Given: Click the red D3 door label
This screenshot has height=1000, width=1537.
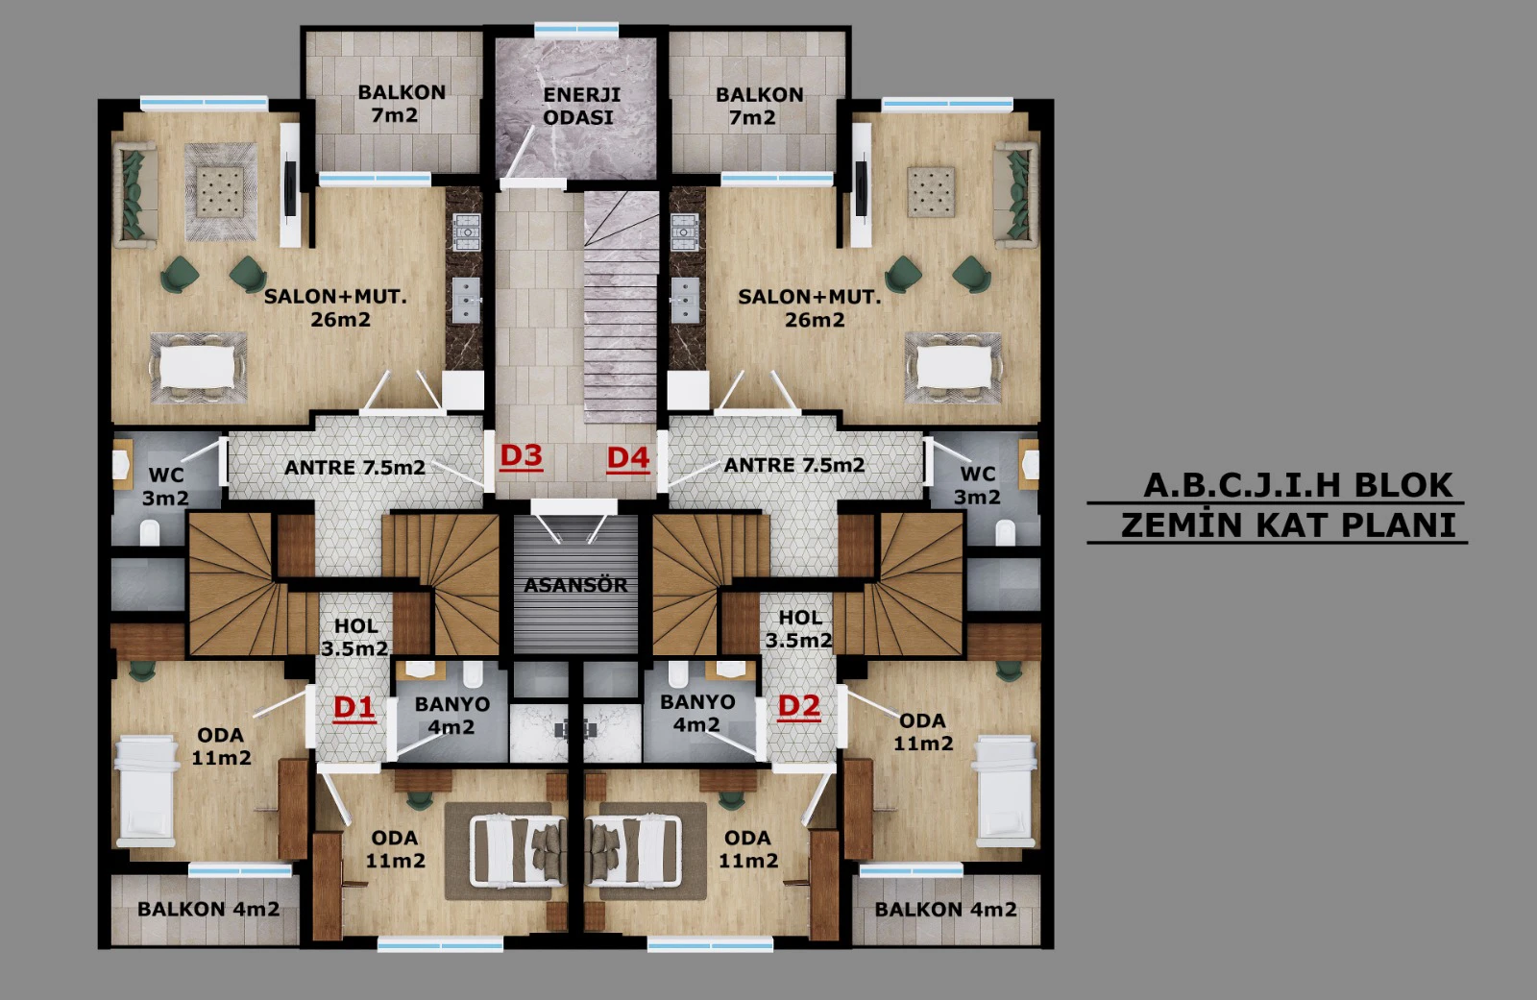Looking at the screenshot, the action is click(522, 456).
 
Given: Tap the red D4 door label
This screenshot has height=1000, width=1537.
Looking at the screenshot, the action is click(628, 459).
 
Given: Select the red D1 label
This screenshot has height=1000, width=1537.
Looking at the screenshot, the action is click(354, 708).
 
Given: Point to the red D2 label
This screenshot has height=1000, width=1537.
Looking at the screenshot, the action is click(798, 707).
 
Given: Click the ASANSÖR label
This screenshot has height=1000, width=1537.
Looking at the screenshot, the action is click(575, 585).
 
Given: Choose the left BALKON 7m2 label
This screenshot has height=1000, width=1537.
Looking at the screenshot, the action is click(402, 103).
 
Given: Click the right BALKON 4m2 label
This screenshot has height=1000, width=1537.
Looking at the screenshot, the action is click(945, 910).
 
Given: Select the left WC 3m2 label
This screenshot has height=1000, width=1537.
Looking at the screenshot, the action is click(165, 486).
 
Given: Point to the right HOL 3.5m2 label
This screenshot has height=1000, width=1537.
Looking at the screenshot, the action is click(799, 628).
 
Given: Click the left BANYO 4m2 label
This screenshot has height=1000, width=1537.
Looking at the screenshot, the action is click(451, 715).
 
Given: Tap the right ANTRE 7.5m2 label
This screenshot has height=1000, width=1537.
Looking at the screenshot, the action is click(793, 465).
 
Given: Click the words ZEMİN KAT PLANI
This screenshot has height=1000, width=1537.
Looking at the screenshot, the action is click(1288, 525).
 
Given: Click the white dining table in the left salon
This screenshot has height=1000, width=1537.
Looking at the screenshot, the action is click(198, 368).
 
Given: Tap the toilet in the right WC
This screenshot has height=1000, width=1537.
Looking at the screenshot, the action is click(1005, 532).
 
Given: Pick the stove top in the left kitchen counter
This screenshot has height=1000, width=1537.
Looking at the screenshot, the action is click(467, 232).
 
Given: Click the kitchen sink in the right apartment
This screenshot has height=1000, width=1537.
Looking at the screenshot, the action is click(685, 300).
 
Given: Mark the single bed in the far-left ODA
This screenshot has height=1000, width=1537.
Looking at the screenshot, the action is click(145, 791).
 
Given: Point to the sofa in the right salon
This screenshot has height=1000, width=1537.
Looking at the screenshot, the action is click(1016, 195).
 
